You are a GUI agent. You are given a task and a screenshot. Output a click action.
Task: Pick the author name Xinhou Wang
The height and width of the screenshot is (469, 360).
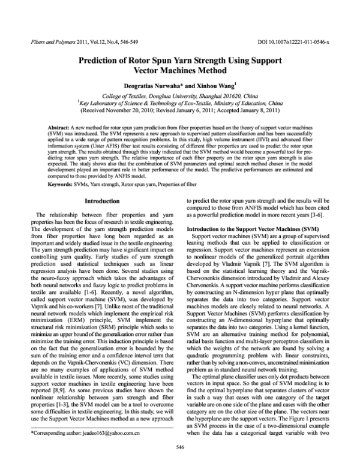(221, 86)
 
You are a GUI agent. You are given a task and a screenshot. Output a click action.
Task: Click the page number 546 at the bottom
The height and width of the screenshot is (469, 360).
(180, 464)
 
